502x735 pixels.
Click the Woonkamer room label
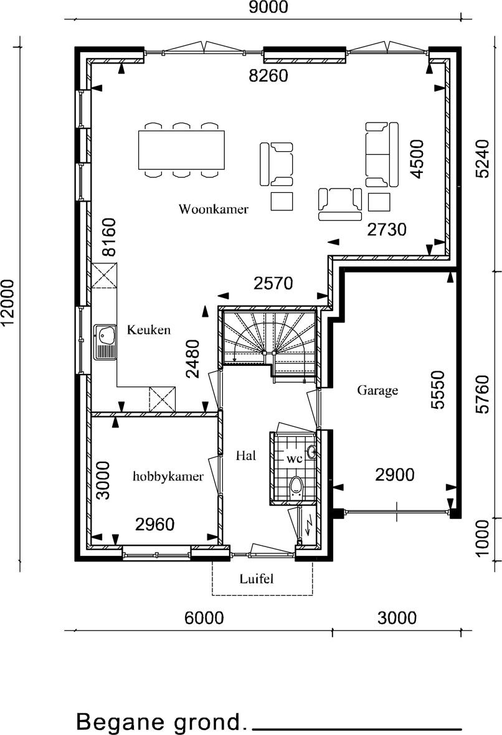[214, 209]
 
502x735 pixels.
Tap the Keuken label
[149, 330]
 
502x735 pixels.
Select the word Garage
[377, 390]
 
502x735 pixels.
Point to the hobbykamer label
[168, 477]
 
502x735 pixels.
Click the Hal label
[246, 455]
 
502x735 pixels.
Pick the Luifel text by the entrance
[256, 579]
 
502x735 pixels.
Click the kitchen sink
[105, 342]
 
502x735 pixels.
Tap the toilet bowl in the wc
[296, 486]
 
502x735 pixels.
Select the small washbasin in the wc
[311, 452]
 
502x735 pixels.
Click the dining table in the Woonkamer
[181, 150]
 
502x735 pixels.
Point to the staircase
[268, 343]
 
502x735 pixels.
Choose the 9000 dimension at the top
[268, 7]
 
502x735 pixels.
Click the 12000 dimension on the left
[9, 303]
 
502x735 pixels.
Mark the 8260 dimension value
[268, 75]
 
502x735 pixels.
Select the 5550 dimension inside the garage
[437, 390]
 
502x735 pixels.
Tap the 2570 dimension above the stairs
[273, 283]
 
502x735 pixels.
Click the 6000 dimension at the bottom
[204, 618]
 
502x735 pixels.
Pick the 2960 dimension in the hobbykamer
[155, 524]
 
